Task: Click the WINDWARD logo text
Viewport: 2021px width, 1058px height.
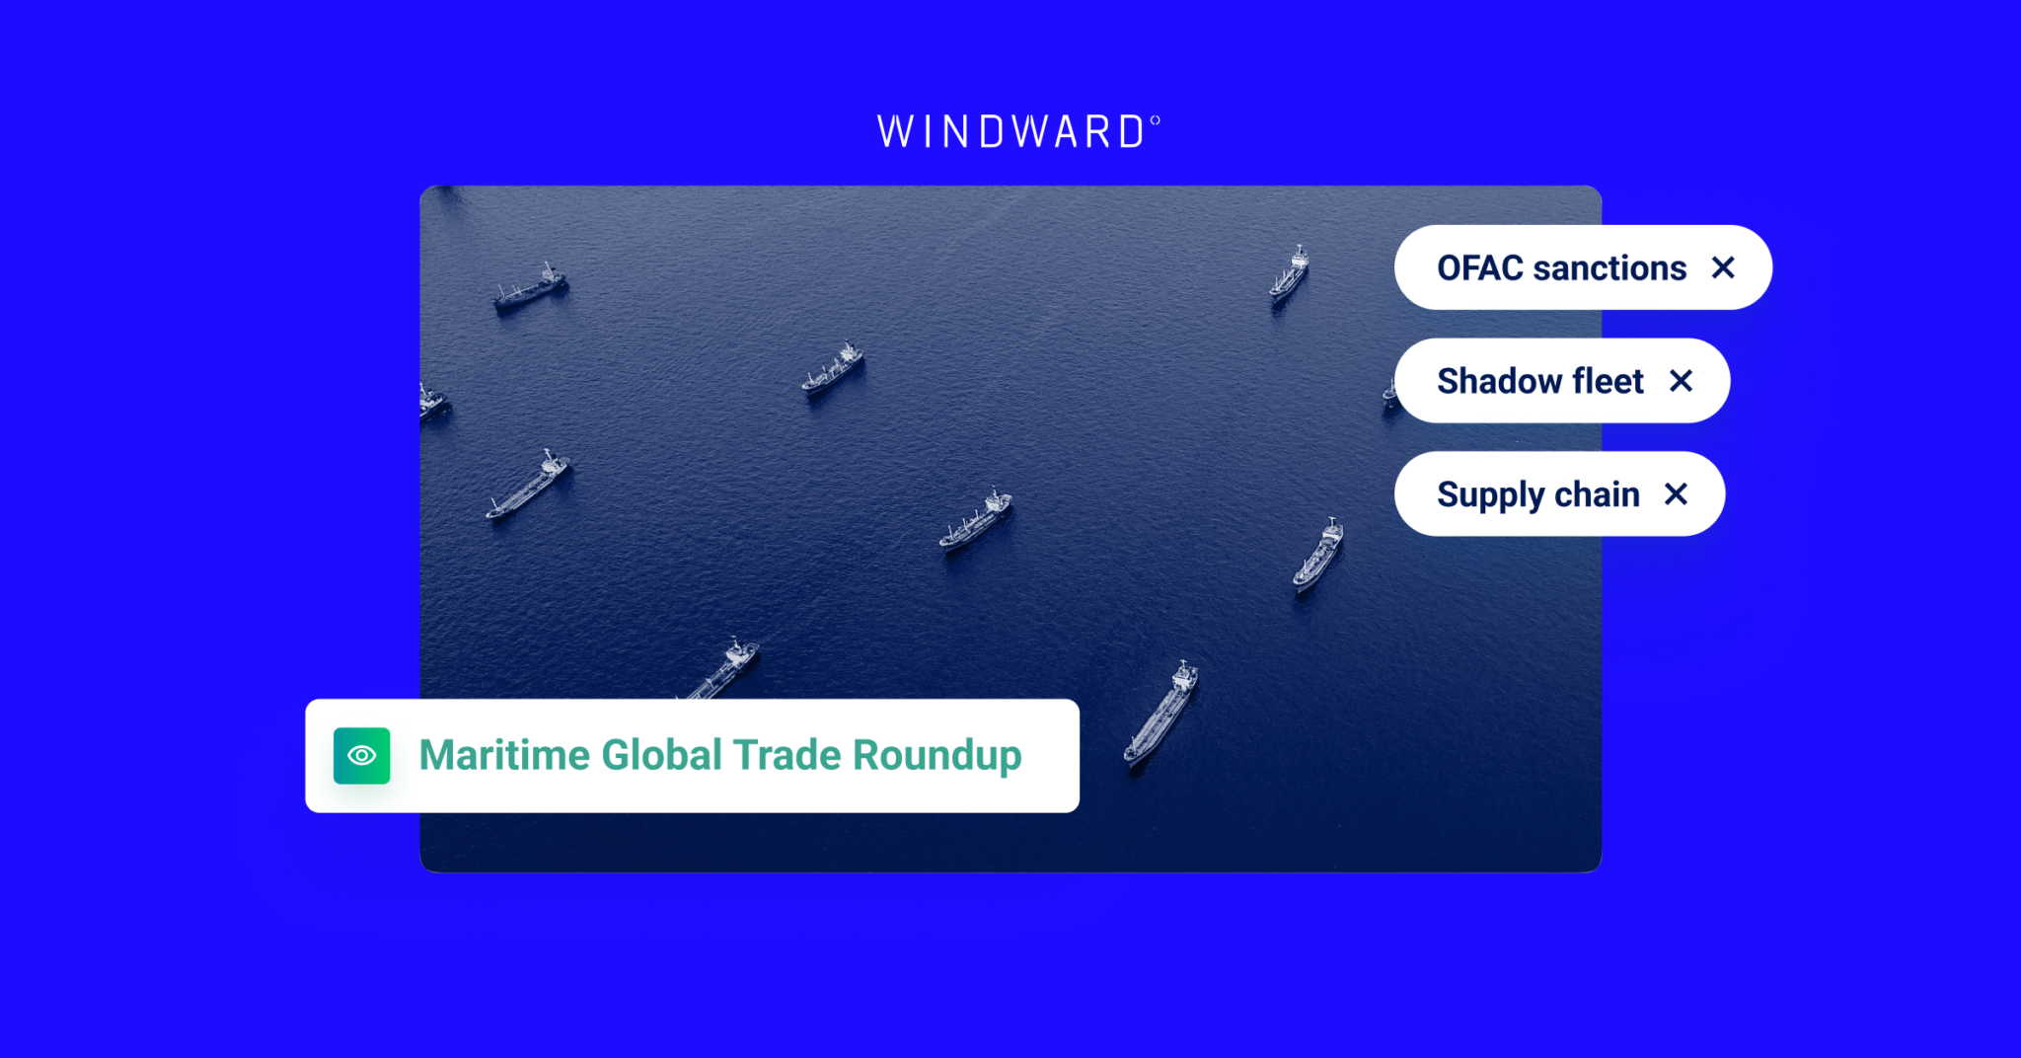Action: [1010, 132]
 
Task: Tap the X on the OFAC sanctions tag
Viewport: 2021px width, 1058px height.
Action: [1723, 267]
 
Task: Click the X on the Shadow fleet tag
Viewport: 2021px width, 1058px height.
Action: [1681, 381]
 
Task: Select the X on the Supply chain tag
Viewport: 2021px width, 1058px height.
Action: [1676, 493]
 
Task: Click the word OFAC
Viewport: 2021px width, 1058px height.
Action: [1479, 268]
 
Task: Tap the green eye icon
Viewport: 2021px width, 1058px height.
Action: [361, 756]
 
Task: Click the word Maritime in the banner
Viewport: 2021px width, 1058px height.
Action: [504, 756]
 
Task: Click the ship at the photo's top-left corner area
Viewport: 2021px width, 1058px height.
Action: [530, 287]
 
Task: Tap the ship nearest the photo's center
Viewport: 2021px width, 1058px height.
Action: [975, 520]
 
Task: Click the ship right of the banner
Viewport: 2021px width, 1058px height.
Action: [1161, 713]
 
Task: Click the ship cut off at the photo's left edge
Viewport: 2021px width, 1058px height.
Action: [431, 403]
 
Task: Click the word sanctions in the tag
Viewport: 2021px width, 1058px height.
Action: [1609, 268]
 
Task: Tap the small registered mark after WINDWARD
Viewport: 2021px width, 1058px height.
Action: [1155, 120]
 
